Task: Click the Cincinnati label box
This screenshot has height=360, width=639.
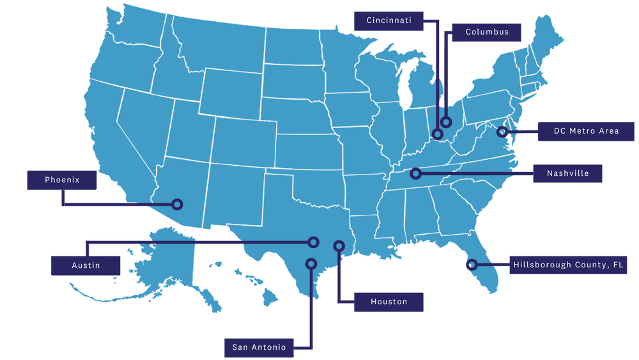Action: point(389,20)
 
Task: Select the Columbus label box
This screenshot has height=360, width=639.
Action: point(487,32)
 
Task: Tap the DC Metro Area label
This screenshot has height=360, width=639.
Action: point(586,131)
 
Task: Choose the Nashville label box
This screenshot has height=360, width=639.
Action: point(567,173)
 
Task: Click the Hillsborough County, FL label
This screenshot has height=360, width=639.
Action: point(569,264)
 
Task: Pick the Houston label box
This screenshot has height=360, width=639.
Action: point(389,302)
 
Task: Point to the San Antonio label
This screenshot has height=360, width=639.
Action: point(259,347)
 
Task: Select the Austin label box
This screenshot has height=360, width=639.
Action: point(86,265)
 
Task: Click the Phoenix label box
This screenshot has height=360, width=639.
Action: point(62,180)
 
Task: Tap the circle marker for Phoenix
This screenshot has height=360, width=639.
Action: point(177,205)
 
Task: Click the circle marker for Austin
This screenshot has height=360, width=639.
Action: point(313,242)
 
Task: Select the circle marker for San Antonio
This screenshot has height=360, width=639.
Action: point(311,263)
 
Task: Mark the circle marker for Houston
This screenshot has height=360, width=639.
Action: point(339,246)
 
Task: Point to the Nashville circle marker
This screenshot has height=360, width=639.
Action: point(415,173)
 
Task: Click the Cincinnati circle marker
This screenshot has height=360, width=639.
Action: point(437,134)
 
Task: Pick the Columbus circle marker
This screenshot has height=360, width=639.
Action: point(446,121)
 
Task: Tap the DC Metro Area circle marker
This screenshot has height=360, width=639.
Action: point(502,132)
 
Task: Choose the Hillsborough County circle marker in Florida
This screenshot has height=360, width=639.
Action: point(471,264)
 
